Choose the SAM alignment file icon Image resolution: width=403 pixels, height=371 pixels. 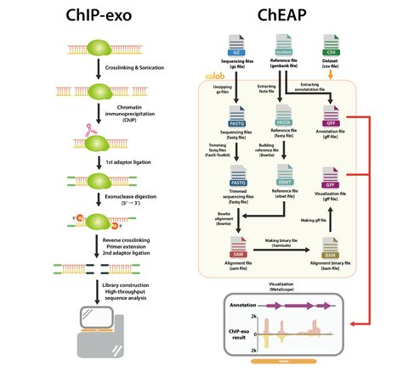[238, 247]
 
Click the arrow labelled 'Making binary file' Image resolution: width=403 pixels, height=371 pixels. [286, 252]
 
